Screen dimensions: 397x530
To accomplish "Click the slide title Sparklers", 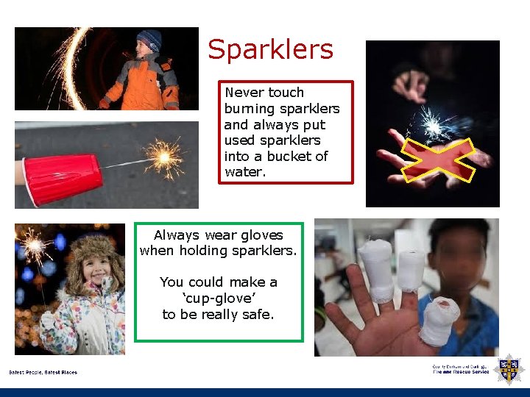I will coord(270,50).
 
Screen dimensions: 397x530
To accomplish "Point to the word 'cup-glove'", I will coord(219,298).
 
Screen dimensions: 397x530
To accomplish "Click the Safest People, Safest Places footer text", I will coord(43,372).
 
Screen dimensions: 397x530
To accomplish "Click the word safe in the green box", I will coord(258,315).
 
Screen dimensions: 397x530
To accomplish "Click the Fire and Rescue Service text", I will coord(461,371).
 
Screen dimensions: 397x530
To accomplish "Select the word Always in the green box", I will coord(177,235).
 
